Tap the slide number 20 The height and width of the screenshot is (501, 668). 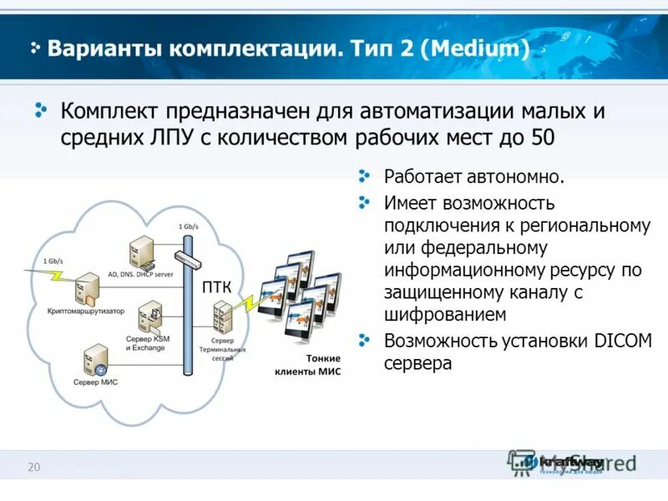[x=34, y=467]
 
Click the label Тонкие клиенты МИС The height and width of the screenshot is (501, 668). [x=309, y=365]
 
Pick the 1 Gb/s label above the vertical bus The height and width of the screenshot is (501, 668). [x=189, y=227]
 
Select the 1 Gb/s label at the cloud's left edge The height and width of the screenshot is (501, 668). [x=53, y=261]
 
